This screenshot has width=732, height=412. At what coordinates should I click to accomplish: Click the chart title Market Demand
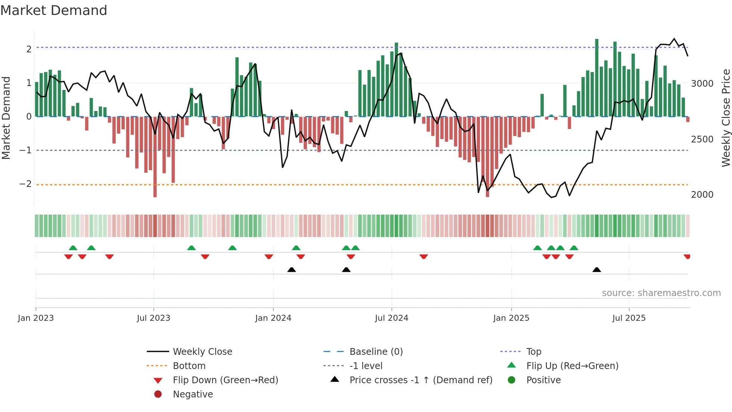coord(54,10)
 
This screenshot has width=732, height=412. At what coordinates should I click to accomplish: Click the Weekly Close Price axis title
coord(726,118)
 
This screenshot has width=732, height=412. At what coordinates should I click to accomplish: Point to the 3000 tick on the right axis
coord(702,84)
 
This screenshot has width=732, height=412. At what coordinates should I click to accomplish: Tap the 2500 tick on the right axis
coord(702,139)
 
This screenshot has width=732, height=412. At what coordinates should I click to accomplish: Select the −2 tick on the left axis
coord(25,184)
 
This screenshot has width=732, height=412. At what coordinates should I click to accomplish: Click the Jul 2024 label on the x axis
coord(391,318)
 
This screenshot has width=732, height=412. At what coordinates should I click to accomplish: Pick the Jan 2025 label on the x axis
coord(511,318)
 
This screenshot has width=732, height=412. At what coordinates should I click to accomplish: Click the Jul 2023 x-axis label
coord(153,318)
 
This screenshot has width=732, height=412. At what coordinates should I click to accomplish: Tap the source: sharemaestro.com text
coord(661,293)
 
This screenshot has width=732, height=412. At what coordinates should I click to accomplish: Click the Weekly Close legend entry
coord(202,352)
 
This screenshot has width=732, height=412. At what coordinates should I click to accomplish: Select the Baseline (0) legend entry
coord(376,352)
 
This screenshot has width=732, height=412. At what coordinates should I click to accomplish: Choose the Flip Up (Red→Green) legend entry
coord(572,366)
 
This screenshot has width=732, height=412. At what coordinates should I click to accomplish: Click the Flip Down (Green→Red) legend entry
coord(225,380)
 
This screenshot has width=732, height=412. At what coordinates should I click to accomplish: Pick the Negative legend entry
coord(193,394)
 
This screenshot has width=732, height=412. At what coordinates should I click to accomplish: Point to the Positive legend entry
coord(543,380)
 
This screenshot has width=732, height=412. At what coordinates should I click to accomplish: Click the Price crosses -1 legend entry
coord(421,380)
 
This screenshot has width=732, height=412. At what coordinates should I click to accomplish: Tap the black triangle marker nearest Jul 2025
coord(596,270)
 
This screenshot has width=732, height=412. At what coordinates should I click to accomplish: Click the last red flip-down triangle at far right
coord(687,256)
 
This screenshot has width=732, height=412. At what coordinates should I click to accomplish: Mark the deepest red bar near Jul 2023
coord(155,157)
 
